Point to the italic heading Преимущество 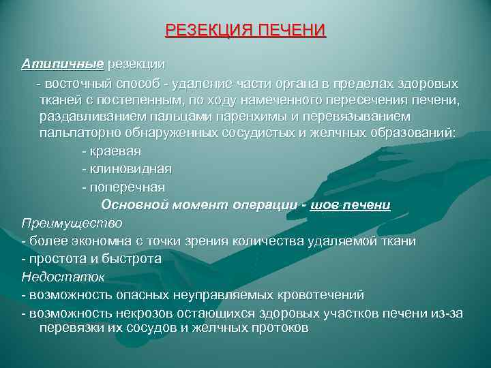(x=72, y=223)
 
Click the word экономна (x=85, y=241)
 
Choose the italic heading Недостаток (x=62, y=277)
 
